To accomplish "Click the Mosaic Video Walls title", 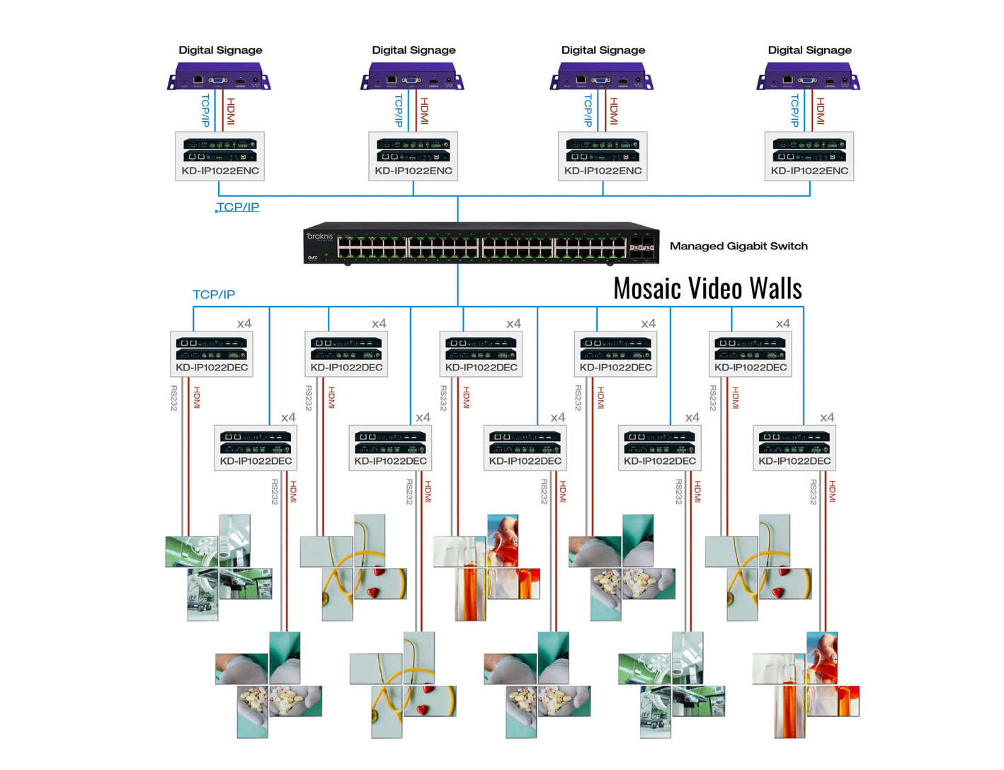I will (x=707, y=289).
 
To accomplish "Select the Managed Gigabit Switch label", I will (x=738, y=246).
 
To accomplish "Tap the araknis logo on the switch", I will (x=319, y=237).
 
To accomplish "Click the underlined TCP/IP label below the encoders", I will (x=237, y=207).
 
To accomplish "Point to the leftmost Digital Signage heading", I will (x=220, y=50).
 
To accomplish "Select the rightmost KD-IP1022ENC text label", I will (x=809, y=171).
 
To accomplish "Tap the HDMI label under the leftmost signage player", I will (x=231, y=111).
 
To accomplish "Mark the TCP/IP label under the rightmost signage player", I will (x=794, y=111).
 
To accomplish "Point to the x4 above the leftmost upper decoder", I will (x=244, y=324).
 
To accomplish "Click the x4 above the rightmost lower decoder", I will (x=826, y=418).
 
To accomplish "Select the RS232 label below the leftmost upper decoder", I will (x=174, y=398).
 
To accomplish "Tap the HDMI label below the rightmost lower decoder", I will (x=833, y=492).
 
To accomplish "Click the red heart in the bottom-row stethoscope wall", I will (x=423, y=709).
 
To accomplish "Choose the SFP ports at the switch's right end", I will (x=641, y=247).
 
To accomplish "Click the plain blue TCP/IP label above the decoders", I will (x=213, y=295).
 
